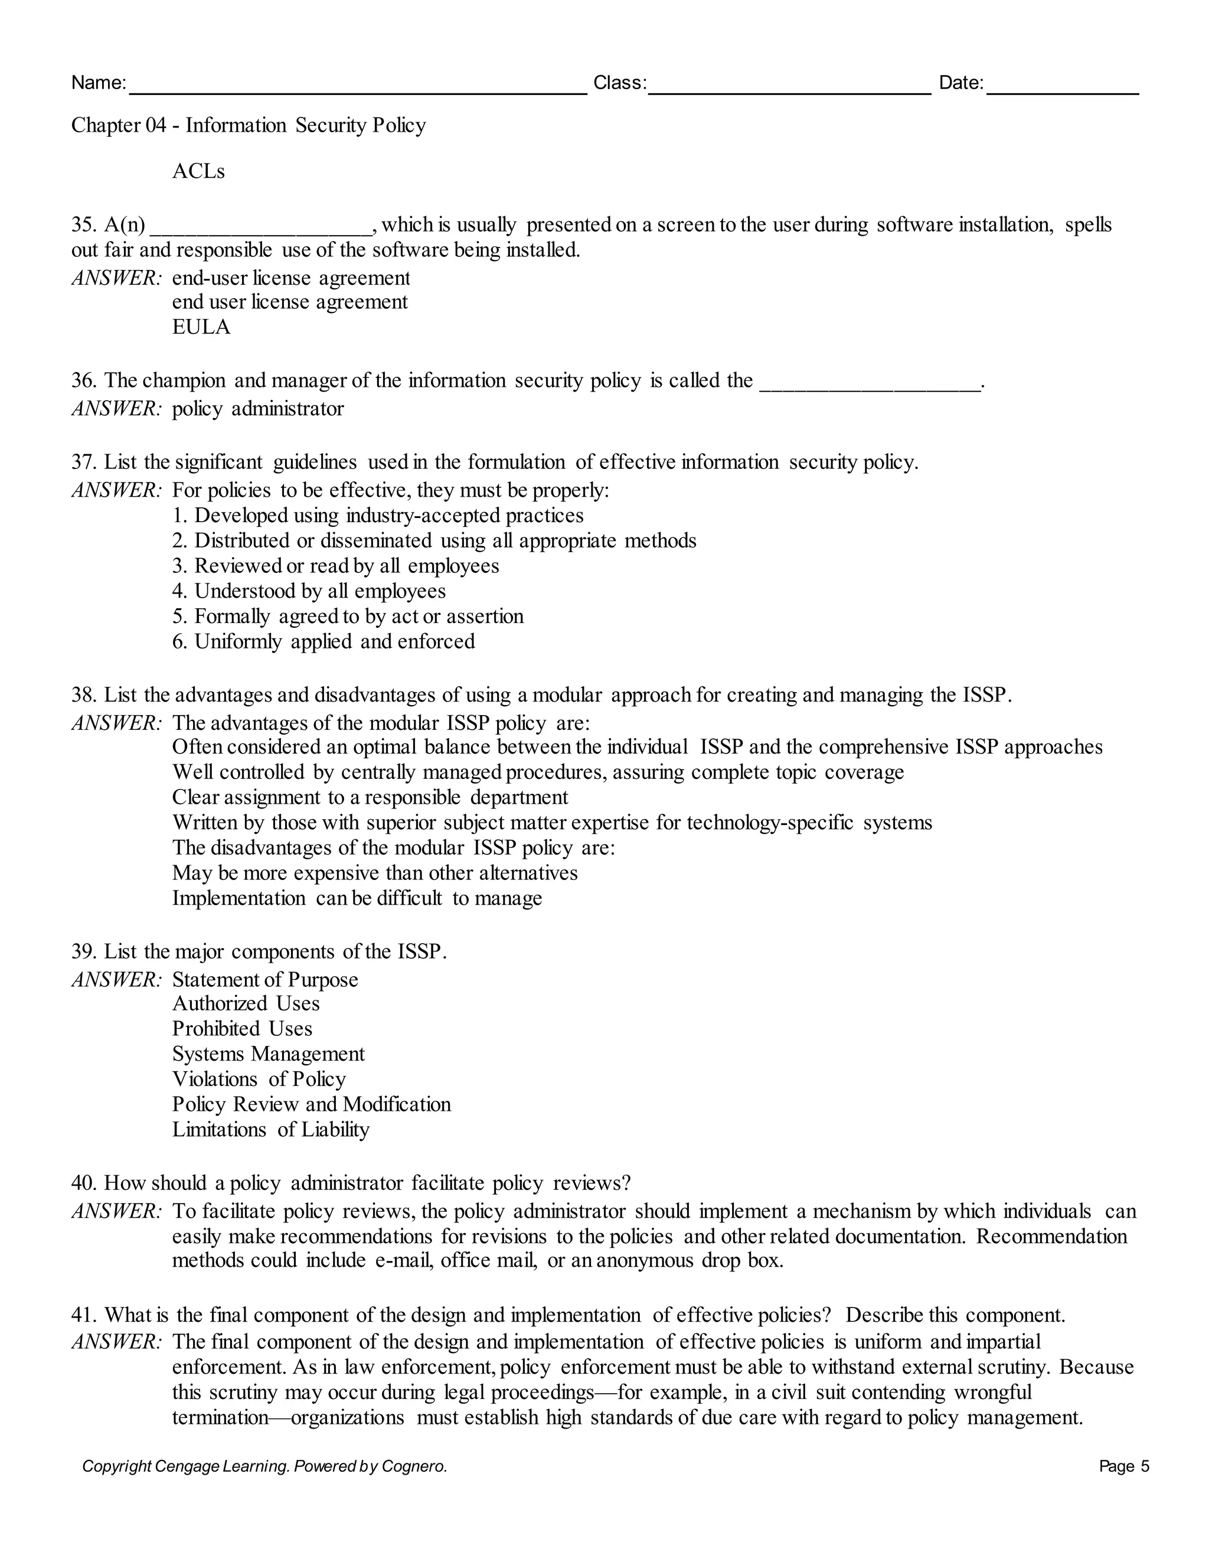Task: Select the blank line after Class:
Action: click(x=789, y=91)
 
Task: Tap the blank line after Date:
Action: click(x=1062, y=91)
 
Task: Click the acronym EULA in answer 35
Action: click(x=201, y=328)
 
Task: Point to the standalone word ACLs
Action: click(x=198, y=171)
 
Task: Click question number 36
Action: click(x=84, y=380)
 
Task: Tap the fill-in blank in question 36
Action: click(x=870, y=386)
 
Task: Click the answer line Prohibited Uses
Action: click(x=242, y=1029)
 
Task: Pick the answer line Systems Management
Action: click(x=268, y=1054)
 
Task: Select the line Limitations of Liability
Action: click(x=271, y=1129)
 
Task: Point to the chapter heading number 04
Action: click(x=156, y=125)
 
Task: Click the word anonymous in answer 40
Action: click(x=645, y=1260)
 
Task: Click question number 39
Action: click(x=84, y=951)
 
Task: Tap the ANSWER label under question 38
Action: click(x=117, y=723)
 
